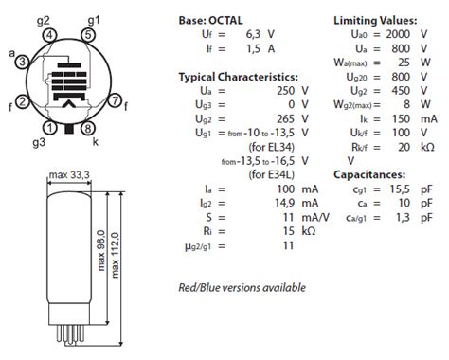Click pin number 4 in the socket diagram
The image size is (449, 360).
49,35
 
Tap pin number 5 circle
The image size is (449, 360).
88,35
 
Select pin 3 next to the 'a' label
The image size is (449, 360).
23,62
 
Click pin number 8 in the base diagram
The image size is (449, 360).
88,128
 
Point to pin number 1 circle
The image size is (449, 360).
49,128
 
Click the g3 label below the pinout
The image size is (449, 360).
39,143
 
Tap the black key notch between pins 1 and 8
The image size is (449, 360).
69,129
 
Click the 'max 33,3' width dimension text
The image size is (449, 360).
69,174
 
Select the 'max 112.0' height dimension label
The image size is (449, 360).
116,255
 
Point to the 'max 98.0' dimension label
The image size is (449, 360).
100,250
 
